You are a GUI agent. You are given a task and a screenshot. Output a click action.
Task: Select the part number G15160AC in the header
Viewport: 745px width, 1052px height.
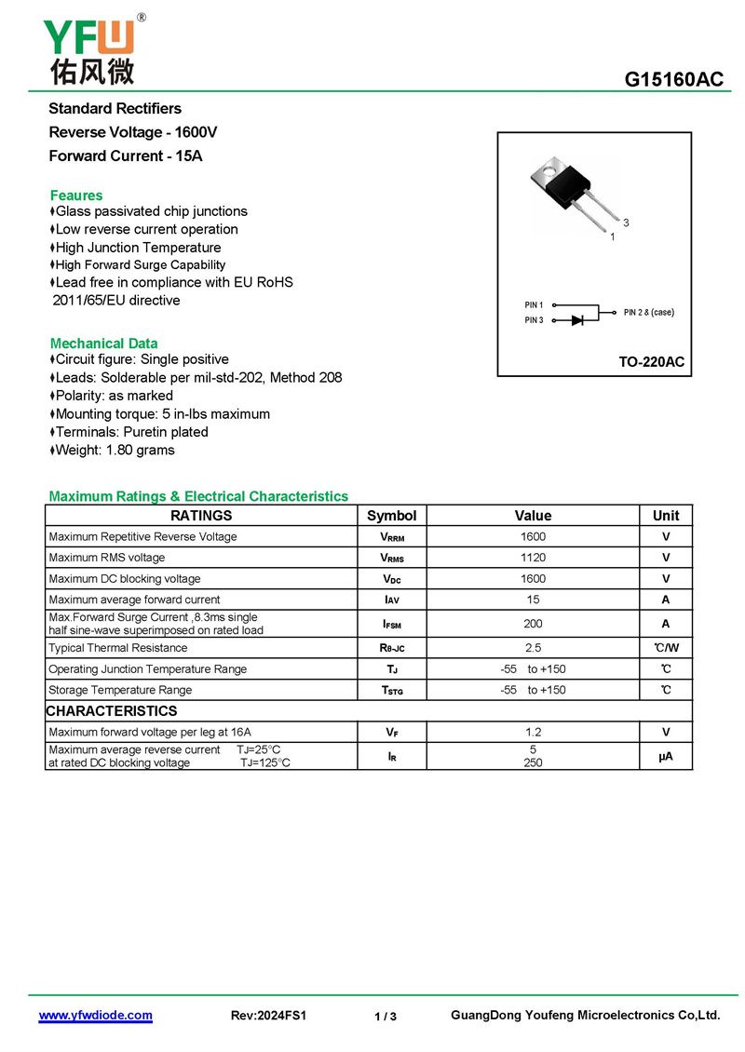click(673, 80)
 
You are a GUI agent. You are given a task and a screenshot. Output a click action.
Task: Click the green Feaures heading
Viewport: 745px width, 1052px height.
click(76, 196)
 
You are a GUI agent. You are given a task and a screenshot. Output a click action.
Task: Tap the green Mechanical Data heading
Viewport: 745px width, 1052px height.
click(103, 344)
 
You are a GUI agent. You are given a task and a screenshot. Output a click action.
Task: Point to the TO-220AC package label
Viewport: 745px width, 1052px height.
click(651, 362)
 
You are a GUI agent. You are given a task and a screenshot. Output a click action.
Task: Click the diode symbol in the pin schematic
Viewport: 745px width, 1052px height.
click(577, 320)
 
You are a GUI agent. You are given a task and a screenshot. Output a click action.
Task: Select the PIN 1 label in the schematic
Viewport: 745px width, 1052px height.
click(534, 305)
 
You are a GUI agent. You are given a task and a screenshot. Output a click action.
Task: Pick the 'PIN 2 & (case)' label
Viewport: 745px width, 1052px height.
click(649, 313)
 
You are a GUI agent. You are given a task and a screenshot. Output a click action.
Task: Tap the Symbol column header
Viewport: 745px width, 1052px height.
click(392, 516)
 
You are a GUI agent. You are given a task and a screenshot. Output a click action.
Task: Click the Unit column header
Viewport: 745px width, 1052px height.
click(666, 516)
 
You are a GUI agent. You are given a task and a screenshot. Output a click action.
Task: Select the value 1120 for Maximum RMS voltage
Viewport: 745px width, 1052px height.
click(534, 558)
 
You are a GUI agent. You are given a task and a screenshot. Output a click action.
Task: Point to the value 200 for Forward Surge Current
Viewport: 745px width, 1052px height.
click(534, 624)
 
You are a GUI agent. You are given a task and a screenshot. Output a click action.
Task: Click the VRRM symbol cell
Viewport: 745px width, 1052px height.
click(392, 537)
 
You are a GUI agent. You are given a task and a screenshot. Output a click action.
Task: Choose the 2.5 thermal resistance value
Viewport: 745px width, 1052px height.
click(534, 648)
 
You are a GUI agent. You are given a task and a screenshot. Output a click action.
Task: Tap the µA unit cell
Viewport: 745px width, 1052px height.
click(666, 757)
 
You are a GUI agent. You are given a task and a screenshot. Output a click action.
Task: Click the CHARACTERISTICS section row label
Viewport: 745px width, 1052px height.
click(112, 711)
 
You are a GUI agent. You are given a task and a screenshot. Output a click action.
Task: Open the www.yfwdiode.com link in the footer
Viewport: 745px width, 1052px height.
click(95, 1016)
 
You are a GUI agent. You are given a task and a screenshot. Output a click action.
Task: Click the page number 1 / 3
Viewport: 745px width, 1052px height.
click(386, 1017)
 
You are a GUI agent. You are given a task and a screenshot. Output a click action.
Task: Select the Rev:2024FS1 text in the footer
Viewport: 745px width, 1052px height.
click(268, 1016)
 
